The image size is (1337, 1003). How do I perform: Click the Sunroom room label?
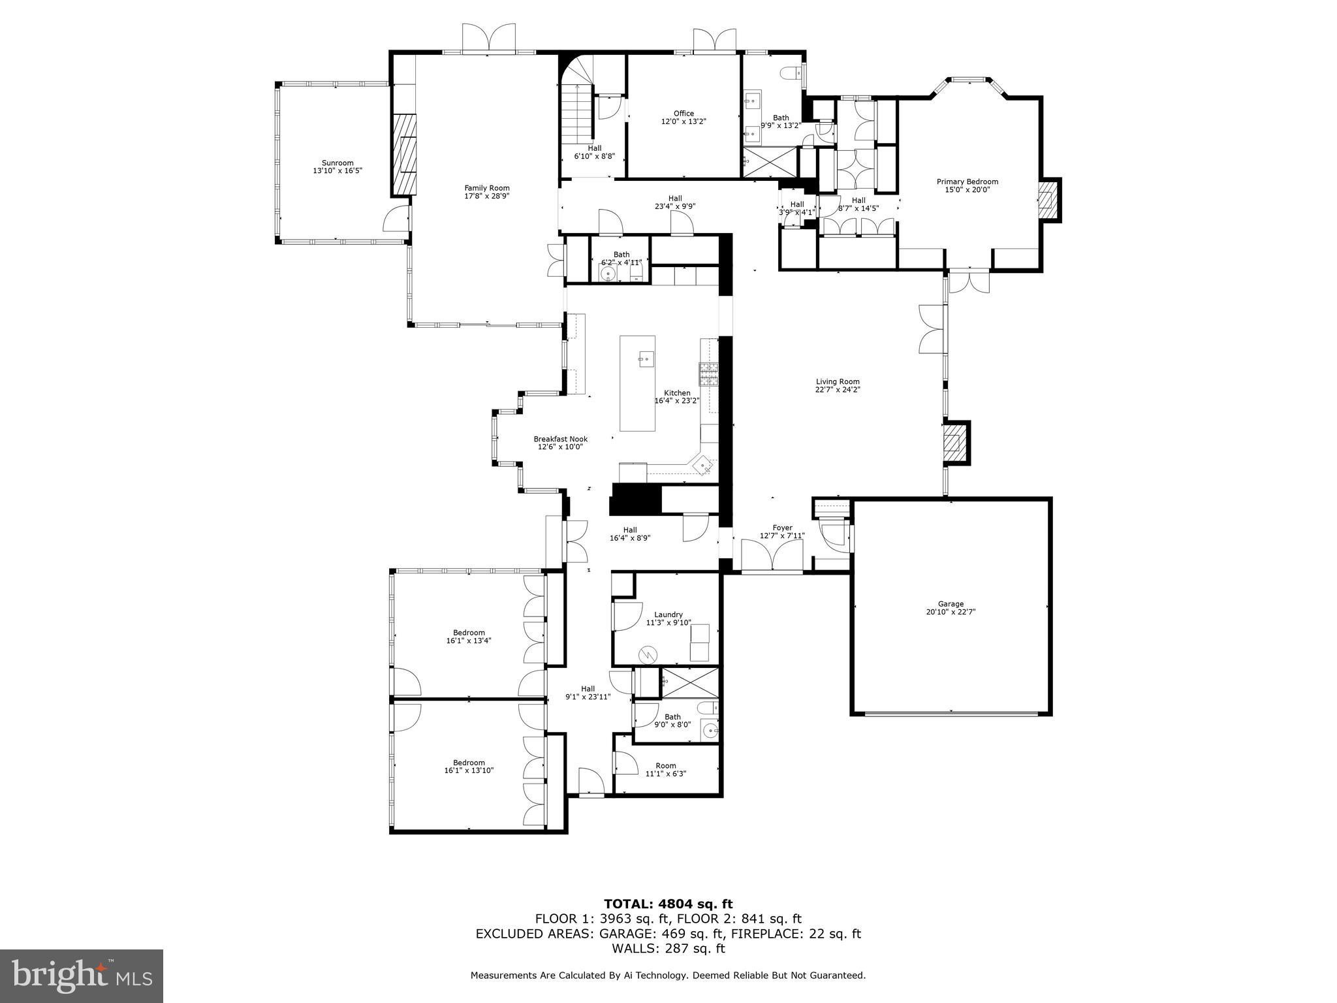pos(337,163)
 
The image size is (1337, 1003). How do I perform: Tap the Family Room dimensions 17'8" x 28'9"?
pos(486,196)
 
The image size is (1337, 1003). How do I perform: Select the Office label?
pos(684,114)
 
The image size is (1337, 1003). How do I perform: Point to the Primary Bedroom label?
pos(967,182)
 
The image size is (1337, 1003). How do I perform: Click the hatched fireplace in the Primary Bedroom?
pos(1047,200)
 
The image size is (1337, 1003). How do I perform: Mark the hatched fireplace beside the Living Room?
pos(954,443)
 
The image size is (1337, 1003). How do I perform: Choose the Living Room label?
pos(837,381)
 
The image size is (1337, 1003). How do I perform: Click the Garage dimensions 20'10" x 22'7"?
pos(951,612)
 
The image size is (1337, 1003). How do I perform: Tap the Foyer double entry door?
pos(772,558)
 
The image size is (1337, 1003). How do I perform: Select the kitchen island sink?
pos(645,358)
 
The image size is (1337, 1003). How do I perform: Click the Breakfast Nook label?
pos(560,439)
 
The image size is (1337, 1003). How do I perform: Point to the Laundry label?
pos(668,614)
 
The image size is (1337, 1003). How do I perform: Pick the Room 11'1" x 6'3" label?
pos(666,766)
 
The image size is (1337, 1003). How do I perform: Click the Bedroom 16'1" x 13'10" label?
pos(469,763)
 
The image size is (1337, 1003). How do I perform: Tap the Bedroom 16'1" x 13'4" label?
pos(469,632)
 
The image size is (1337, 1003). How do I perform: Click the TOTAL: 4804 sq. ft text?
pos(668,904)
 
